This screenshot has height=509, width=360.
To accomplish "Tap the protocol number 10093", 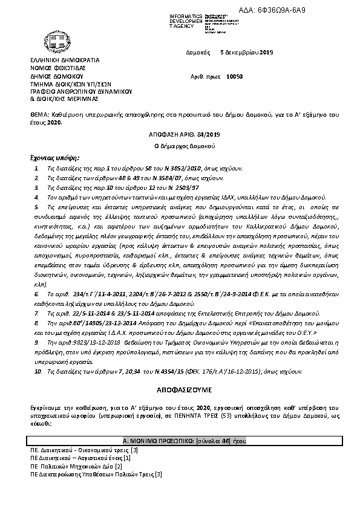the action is [x=252, y=77].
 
